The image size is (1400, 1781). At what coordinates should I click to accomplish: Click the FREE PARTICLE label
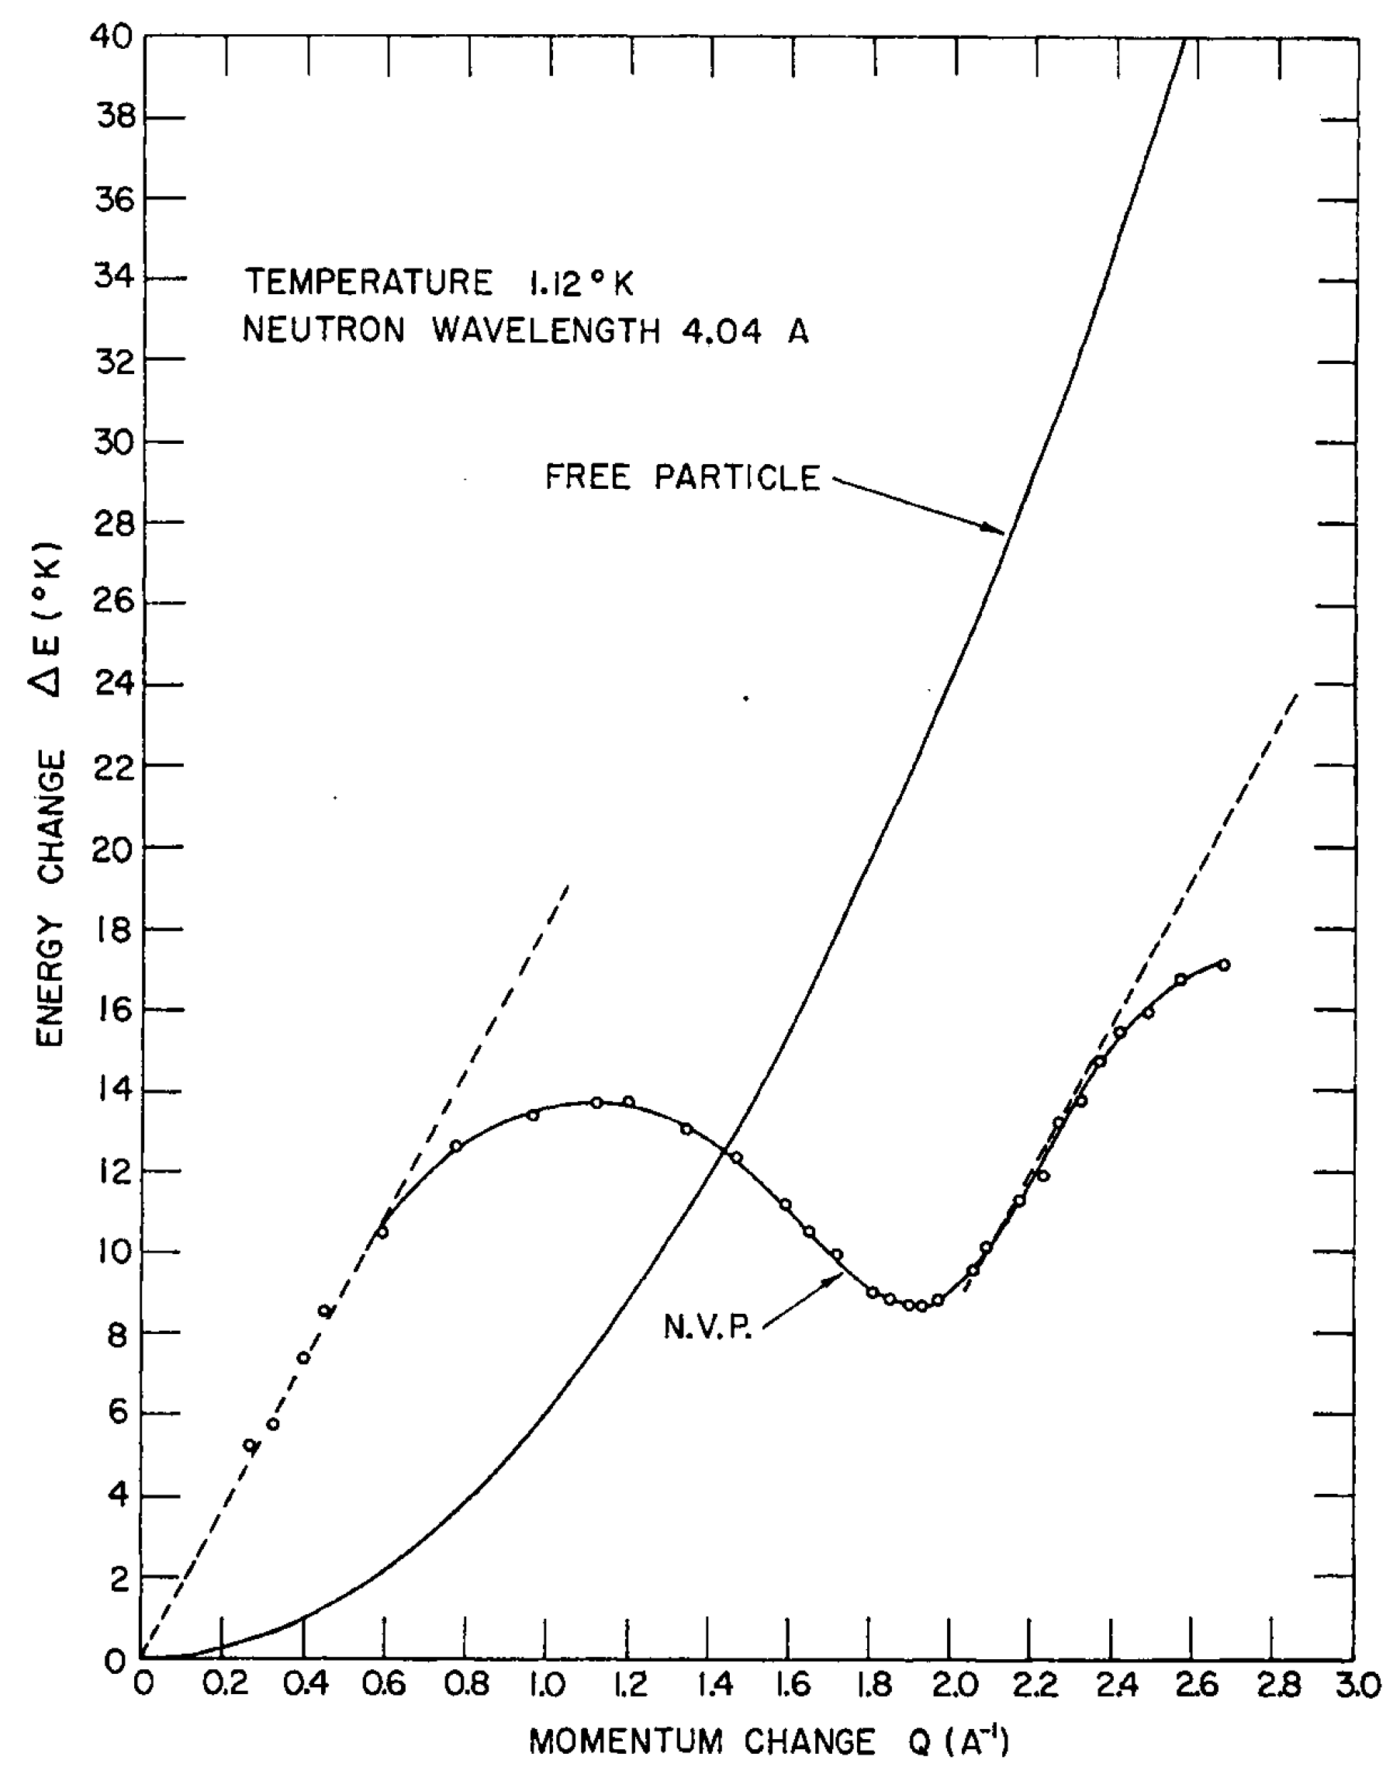coord(682,477)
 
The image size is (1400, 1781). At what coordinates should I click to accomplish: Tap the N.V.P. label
coord(707,1326)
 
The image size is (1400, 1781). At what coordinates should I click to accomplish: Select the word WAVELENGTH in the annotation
coord(546,331)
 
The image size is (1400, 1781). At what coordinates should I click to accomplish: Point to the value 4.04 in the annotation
coord(721,331)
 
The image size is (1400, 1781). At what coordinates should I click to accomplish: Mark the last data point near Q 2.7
coord(1224,965)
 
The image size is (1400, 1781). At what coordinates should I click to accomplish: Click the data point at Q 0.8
coord(457,1145)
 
